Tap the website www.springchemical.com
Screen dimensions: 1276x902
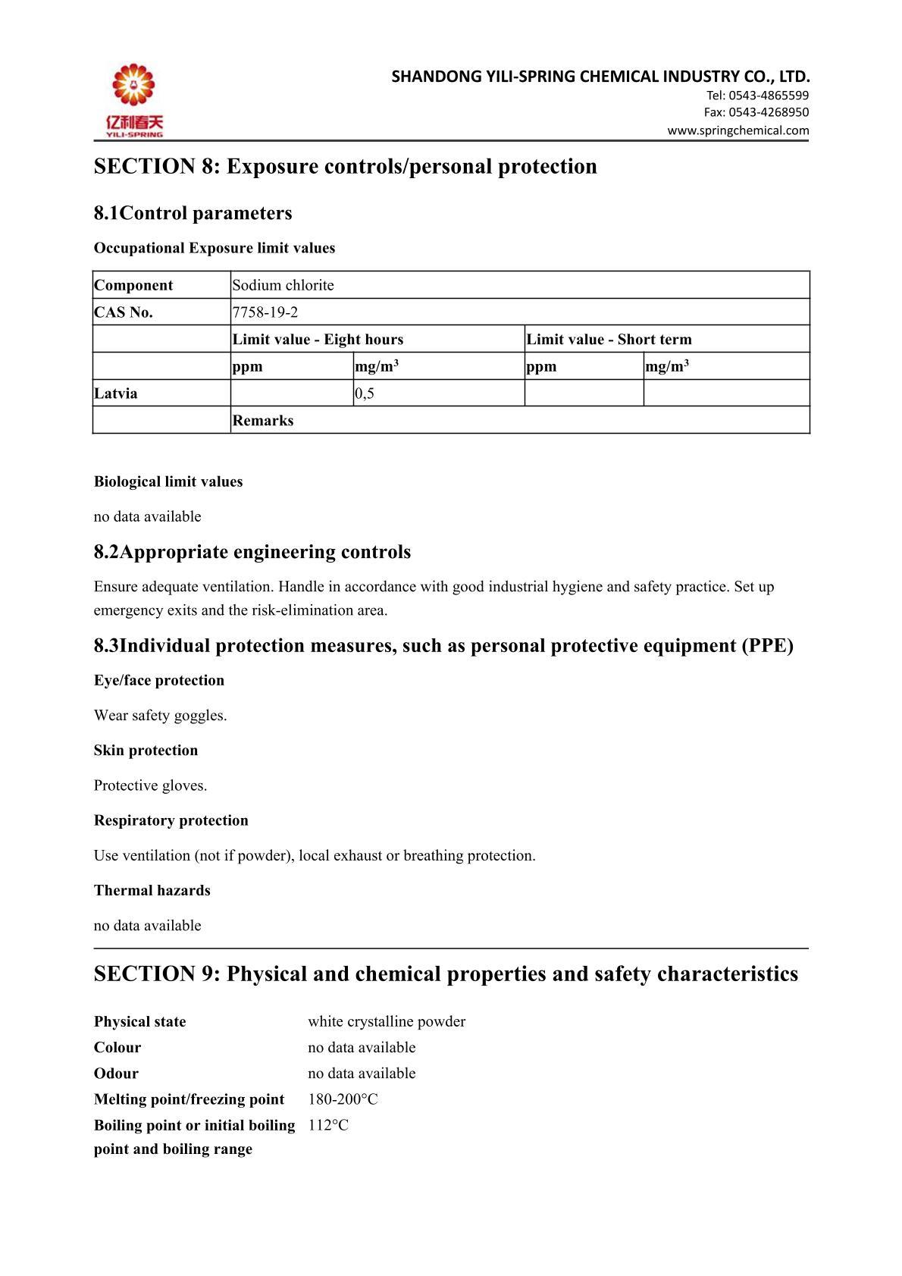738,130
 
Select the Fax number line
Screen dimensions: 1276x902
756,112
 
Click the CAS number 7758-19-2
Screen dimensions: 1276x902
265,312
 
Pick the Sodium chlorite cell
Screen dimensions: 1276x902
283,286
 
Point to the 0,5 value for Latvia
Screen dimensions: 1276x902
365,393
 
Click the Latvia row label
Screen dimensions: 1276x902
116,393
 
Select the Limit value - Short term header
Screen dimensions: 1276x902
609,340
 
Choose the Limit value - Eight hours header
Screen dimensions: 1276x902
318,340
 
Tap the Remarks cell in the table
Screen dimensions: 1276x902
263,421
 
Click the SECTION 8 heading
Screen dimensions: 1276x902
345,166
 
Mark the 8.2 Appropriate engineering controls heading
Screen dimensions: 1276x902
252,552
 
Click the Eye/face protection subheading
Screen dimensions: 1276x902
159,681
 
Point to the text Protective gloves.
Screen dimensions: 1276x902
150,785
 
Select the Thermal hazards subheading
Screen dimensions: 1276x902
152,891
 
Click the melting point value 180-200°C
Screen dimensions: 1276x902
343,1099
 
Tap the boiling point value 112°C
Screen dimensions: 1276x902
328,1125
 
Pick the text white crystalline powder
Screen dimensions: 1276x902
387,1022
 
